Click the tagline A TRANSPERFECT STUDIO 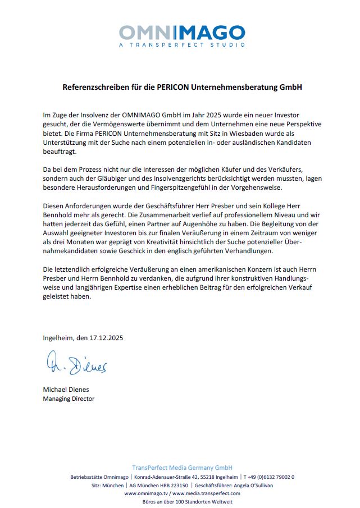[181, 44]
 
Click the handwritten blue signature [75, 365]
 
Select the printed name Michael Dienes [66, 390]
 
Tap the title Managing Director [69, 399]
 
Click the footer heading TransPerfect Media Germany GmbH [182, 468]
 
